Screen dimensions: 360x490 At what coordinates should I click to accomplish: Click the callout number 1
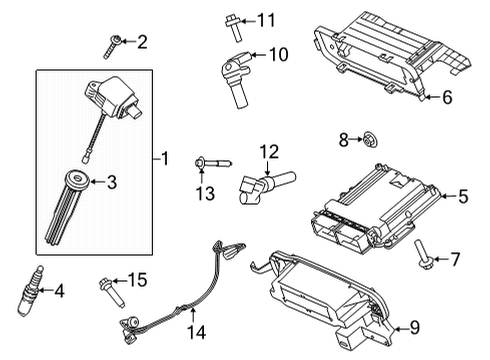pyautogui.click(x=165, y=158)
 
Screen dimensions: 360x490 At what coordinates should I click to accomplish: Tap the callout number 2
pyautogui.click(x=142, y=41)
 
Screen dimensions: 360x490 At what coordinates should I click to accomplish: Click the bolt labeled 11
pyautogui.click(x=232, y=20)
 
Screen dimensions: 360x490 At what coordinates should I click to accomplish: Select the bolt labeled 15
pyautogui.click(x=109, y=294)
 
